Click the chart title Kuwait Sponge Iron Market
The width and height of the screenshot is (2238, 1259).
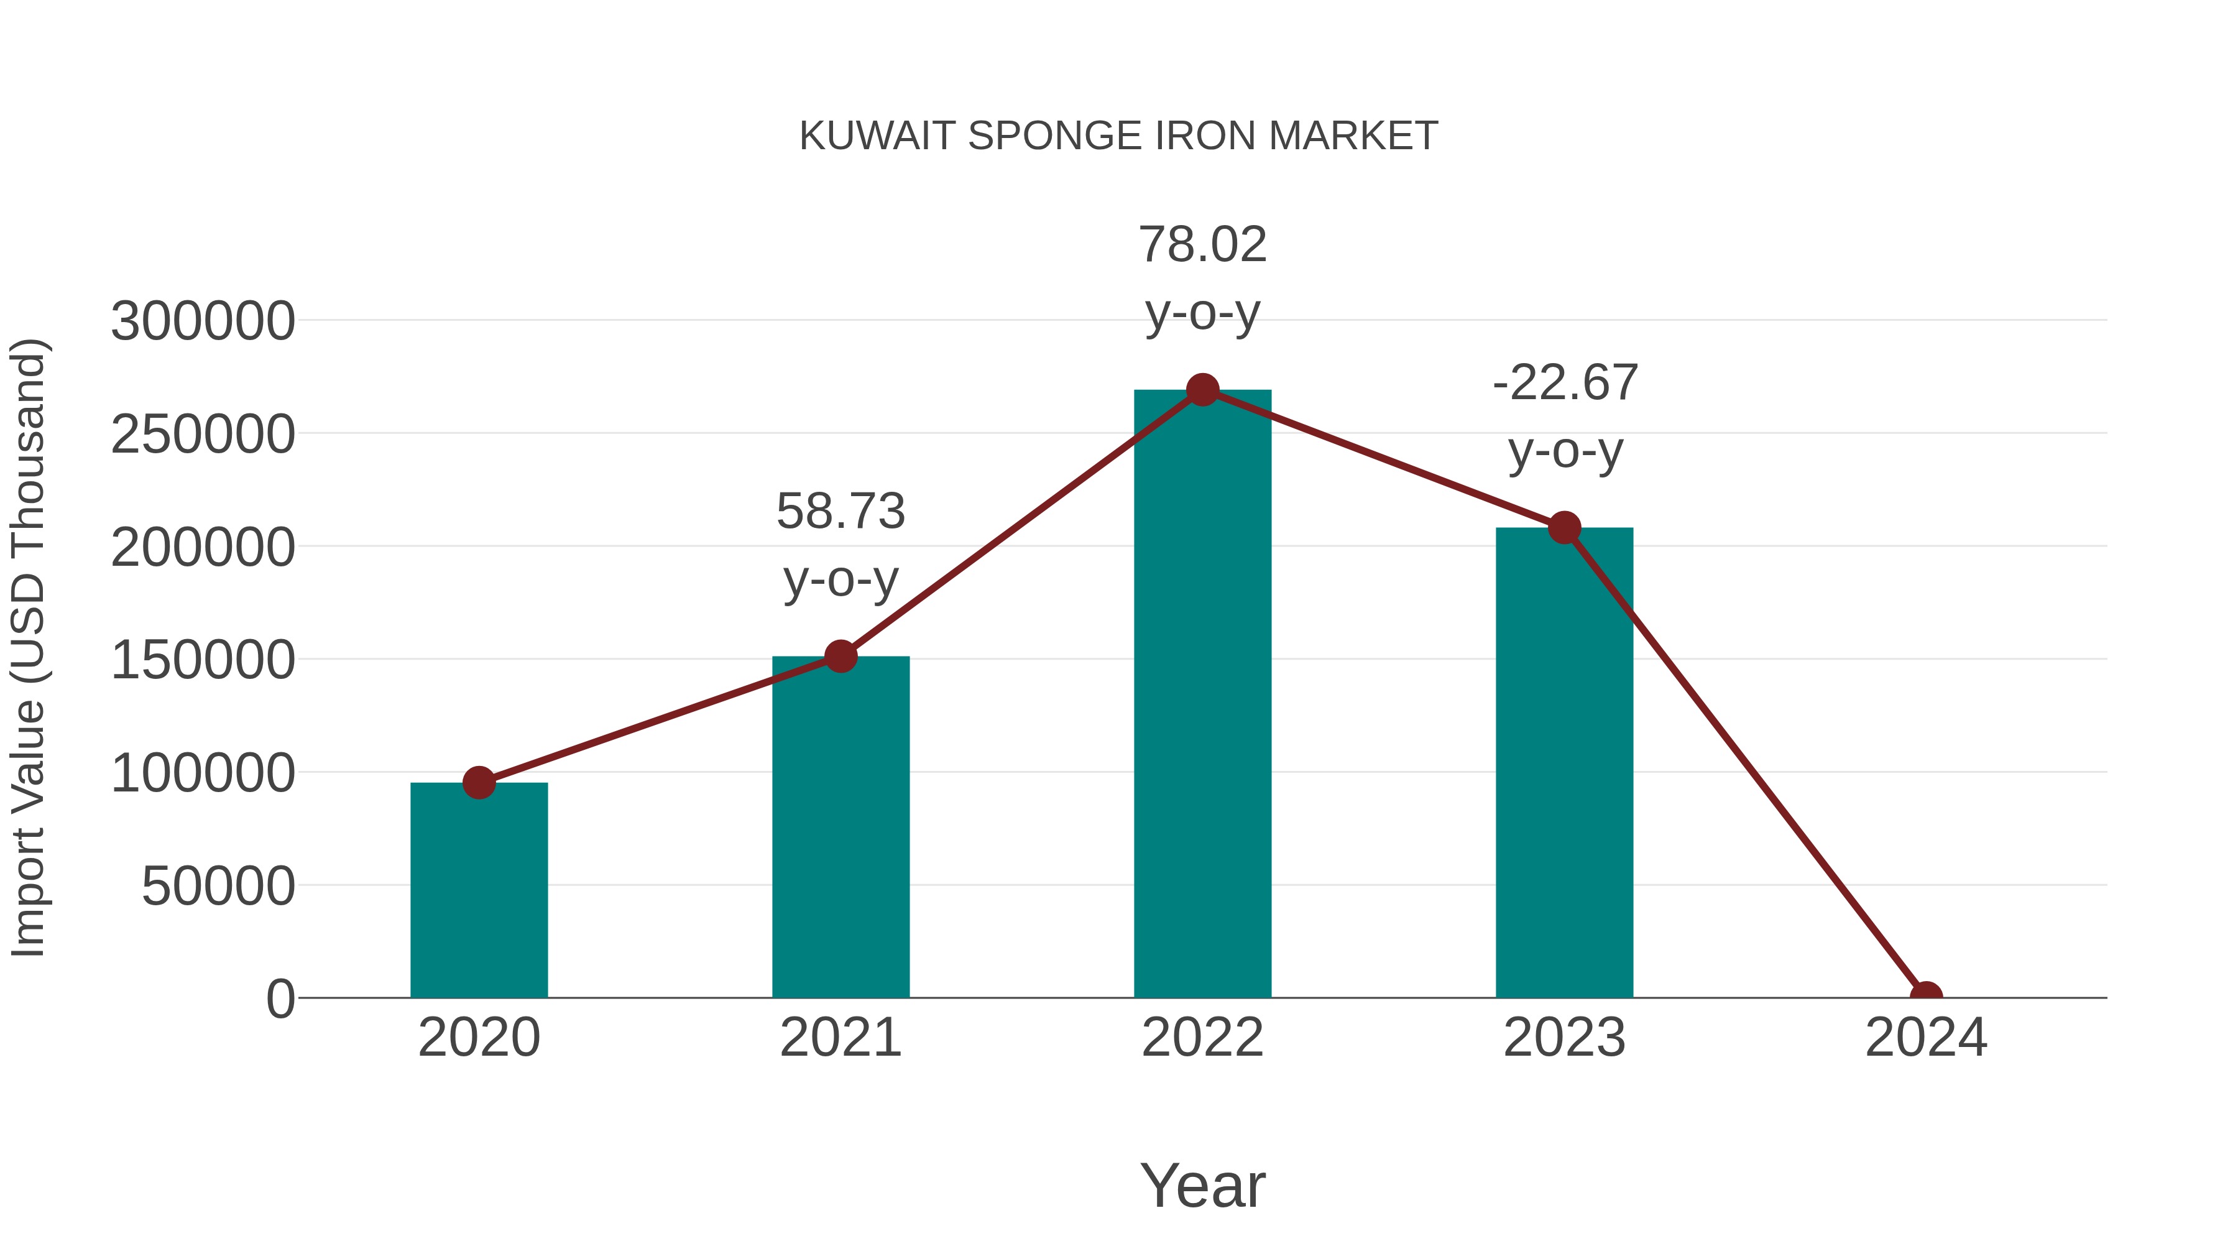(x=1118, y=136)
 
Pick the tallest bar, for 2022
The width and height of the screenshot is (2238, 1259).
(x=1202, y=695)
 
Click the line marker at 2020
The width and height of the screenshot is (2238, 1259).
(x=479, y=783)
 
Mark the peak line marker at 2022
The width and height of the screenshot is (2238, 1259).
(x=1202, y=390)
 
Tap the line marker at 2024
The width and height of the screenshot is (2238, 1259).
(x=1926, y=996)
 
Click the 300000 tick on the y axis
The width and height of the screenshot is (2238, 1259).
(x=203, y=321)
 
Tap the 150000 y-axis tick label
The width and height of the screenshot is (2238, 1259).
(x=203, y=660)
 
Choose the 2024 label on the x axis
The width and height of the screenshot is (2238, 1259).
(x=1926, y=1038)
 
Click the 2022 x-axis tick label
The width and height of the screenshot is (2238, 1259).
(x=1202, y=1038)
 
